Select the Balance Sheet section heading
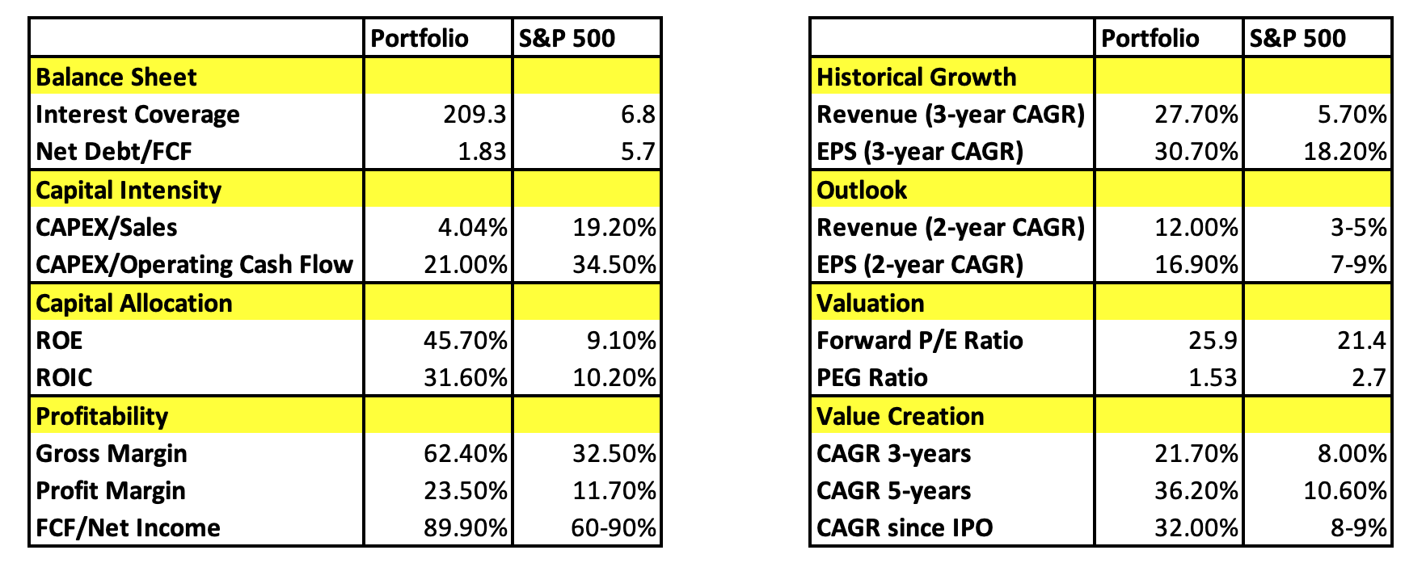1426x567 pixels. pyautogui.click(x=116, y=78)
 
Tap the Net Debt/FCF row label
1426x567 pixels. pyautogui.click(x=114, y=152)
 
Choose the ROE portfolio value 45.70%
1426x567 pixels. pyautogui.click(x=466, y=341)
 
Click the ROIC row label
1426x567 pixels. pyautogui.click(x=65, y=378)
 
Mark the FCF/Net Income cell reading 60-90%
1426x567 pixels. pyautogui.click(x=613, y=528)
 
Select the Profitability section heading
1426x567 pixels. pyautogui.click(x=103, y=417)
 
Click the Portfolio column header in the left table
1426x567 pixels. pyautogui.click(x=420, y=39)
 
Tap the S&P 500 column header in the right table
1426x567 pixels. pyautogui.click(x=1297, y=39)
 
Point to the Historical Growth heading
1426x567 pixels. pyautogui.click(x=917, y=78)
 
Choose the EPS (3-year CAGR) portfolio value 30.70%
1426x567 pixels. pyautogui.click(x=1196, y=152)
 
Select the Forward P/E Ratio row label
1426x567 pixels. pyautogui.click(x=920, y=341)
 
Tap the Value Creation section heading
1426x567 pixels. pyautogui.click(x=901, y=417)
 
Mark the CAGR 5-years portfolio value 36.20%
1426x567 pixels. pyautogui.click(x=1196, y=491)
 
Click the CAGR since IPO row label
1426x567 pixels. pyautogui.click(x=905, y=528)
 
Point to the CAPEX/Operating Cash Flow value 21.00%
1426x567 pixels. pyautogui.click(x=466, y=265)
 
